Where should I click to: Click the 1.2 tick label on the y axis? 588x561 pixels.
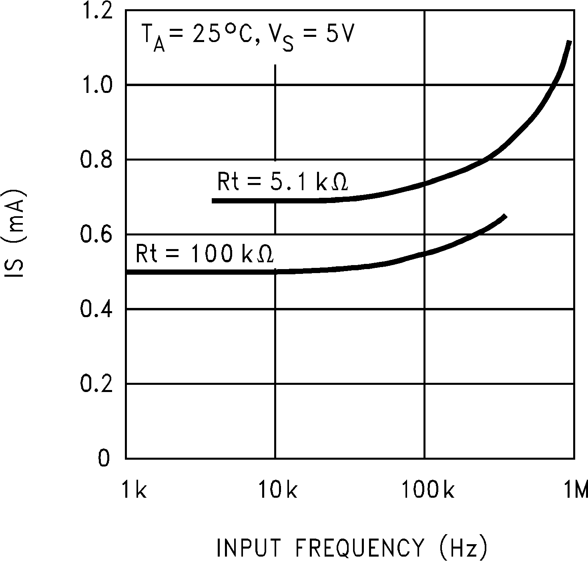pos(96,12)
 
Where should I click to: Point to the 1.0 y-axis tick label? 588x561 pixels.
pos(96,85)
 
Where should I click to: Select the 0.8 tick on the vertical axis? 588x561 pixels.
pos(96,160)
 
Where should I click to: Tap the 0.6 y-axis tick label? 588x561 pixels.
pos(96,235)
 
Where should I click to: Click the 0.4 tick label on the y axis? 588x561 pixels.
pos(96,310)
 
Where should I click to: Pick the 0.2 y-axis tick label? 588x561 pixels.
pos(96,384)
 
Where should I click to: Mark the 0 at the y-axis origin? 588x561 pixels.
pos(103,458)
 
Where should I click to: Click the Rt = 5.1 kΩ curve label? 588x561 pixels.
pos(282,182)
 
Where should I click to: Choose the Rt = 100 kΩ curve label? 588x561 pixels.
pos(205,254)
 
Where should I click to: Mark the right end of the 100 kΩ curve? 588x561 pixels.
pos(506,217)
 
